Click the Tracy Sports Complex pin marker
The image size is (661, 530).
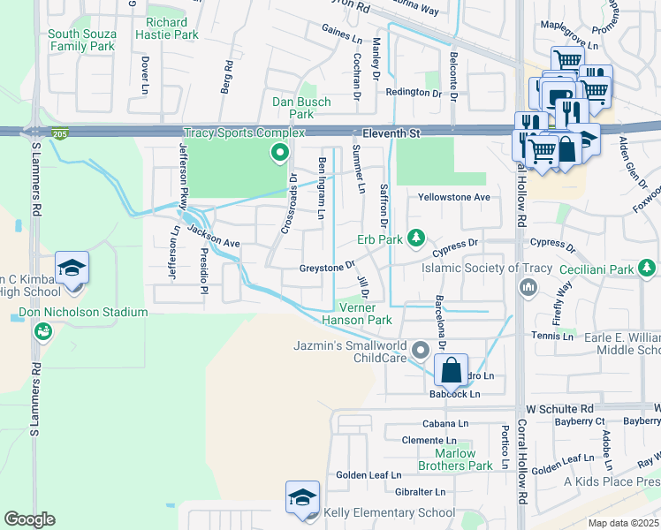pos(280,155)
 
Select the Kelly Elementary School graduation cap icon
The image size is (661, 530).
pos(301,499)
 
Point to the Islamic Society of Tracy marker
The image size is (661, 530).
pos(528,286)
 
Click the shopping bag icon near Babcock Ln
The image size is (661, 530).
pos(451,371)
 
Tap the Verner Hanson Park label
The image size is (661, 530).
pos(356,314)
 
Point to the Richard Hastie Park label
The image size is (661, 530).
pos(167,28)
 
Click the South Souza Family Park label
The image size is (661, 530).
pos(81,40)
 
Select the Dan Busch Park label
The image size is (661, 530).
pos(301,108)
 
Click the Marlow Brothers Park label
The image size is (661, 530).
pos(455,459)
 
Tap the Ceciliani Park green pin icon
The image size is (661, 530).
pos(648,268)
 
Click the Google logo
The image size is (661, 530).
pos(29,519)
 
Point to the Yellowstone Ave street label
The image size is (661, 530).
pos(453,197)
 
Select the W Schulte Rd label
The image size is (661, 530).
pos(560,410)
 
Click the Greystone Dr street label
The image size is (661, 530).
pos(326,266)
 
